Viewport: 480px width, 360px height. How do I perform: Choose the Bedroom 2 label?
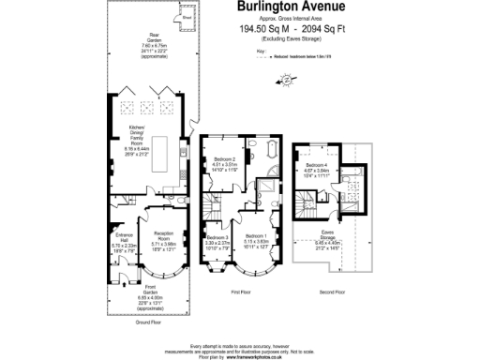click(x=224, y=162)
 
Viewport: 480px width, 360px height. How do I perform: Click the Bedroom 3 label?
click(x=218, y=240)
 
